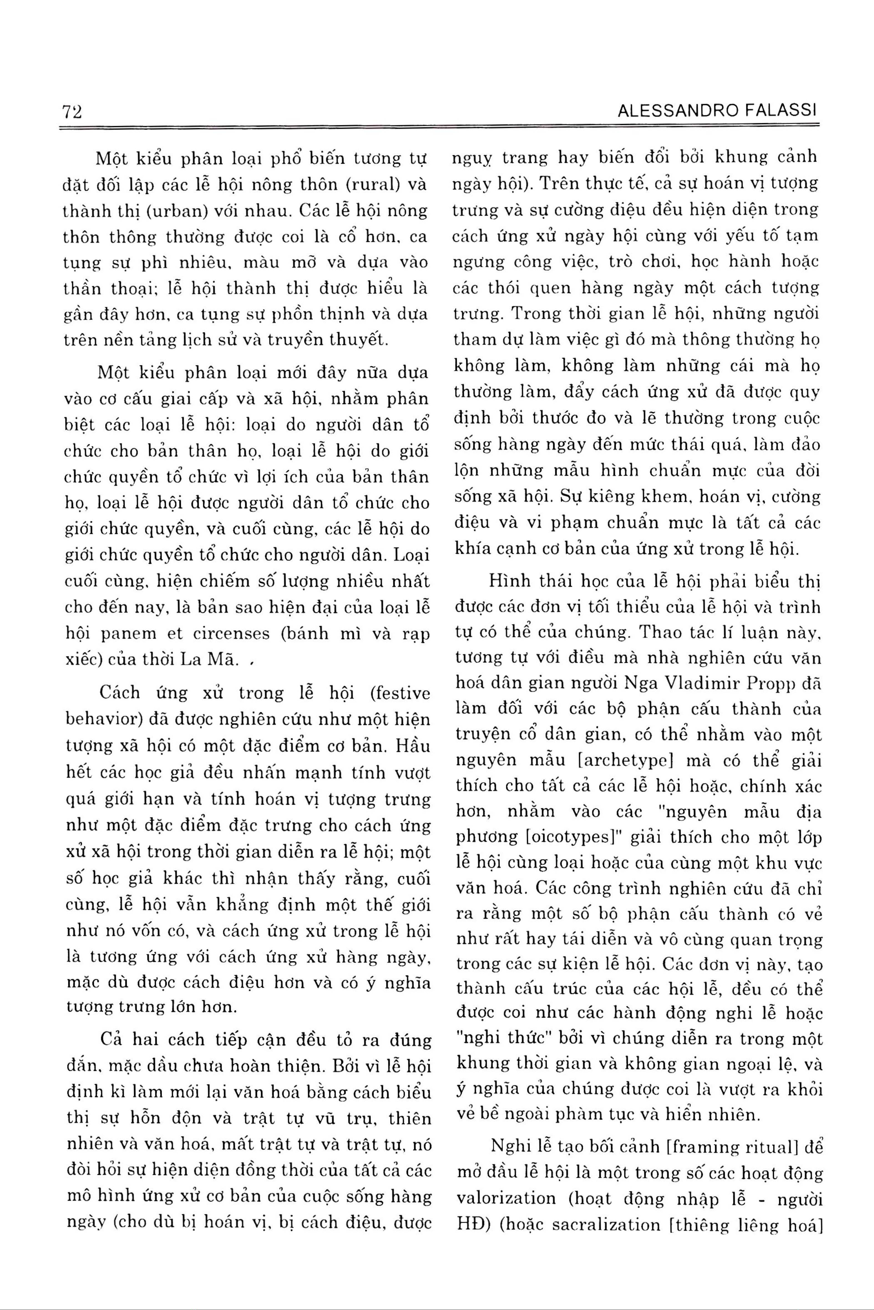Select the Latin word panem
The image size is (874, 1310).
click(x=132, y=634)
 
